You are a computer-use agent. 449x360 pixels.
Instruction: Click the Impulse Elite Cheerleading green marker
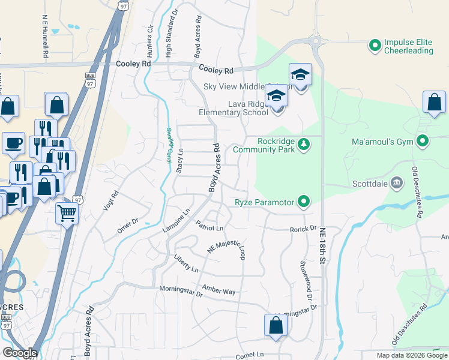click(375, 45)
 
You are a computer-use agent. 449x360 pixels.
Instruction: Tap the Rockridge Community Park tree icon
click(304, 144)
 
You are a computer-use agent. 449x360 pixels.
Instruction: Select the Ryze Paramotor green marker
click(304, 202)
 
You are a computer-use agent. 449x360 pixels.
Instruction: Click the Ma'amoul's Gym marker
click(423, 142)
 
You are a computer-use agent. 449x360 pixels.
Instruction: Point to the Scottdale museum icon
click(396, 182)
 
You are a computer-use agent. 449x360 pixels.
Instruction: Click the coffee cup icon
click(13, 143)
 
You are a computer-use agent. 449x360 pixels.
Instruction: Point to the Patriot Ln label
click(209, 226)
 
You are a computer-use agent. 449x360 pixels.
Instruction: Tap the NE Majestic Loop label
click(227, 246)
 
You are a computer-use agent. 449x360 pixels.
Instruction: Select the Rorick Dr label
click(303, 229)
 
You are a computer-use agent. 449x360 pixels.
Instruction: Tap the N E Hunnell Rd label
click(46, 37)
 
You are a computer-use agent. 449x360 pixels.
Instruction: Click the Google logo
click(19, 353)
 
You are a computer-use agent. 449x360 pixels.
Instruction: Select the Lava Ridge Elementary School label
click(234, 107)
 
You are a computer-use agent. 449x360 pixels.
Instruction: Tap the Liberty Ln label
click(186, 266)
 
